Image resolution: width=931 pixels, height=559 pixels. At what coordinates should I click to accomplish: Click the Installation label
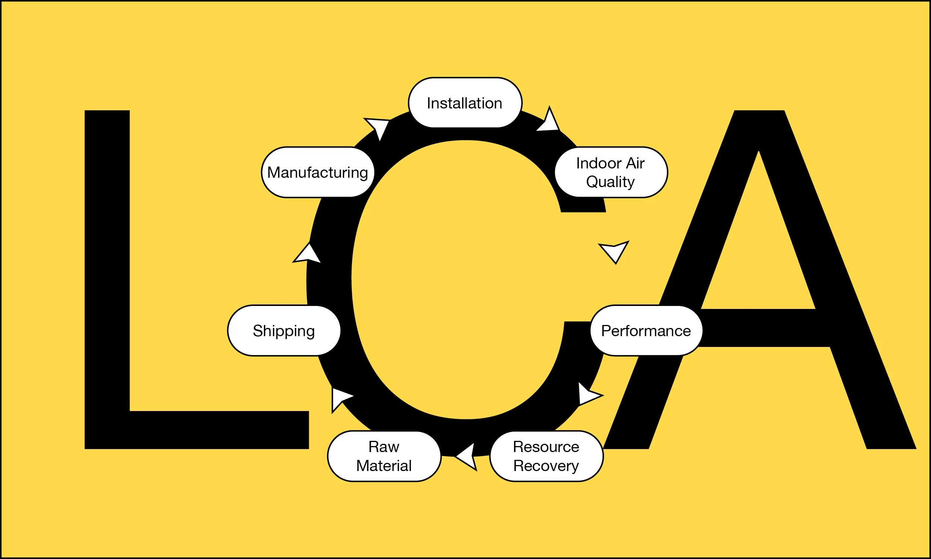465,103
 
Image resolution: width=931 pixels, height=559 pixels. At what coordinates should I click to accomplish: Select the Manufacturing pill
318,172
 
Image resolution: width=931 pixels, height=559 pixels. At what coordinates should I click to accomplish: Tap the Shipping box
284,330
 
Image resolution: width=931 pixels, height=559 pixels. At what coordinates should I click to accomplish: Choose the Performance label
646,330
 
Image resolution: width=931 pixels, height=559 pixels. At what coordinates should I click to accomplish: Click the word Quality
610,182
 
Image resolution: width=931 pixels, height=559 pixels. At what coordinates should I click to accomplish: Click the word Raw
384,447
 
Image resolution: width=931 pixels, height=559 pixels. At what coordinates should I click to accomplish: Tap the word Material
384,465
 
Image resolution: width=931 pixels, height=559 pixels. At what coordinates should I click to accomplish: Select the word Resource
546,447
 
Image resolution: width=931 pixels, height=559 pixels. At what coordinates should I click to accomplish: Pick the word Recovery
546,465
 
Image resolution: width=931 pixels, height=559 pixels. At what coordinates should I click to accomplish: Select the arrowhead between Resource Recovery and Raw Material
468,457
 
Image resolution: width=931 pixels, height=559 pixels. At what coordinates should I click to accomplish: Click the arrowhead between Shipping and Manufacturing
308,254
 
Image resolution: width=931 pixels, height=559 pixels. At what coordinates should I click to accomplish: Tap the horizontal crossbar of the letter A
764,327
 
